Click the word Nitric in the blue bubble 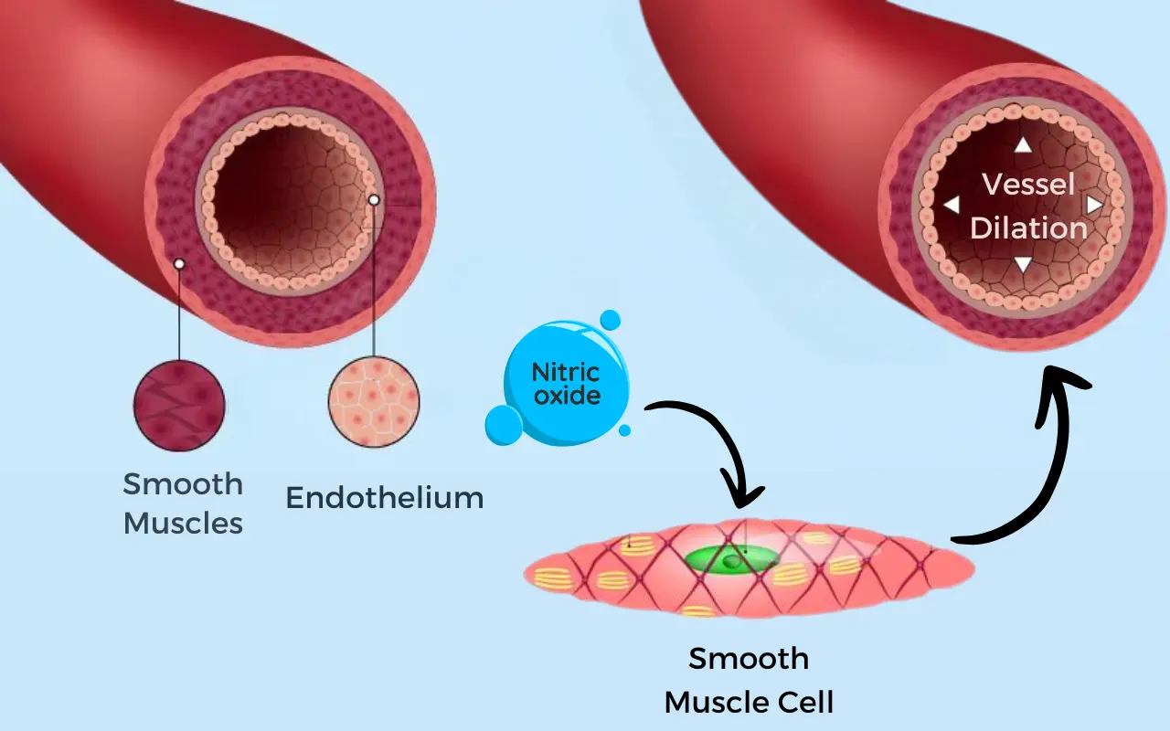coord(566,373)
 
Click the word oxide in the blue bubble coord(567,396)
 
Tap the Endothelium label coord(384,498)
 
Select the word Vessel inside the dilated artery coord(1028,184)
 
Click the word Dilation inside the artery coord(1028,228)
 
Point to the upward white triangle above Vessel coord(1023,144)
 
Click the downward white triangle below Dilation coord(1024,265)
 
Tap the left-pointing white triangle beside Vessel coord(952,205)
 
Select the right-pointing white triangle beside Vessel coord(1094,205)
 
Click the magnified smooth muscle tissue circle coord(179,405)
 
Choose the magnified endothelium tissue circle coord(374,402)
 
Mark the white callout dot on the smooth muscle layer coord(179,263)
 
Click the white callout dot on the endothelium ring coord(373,199)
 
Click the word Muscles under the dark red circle coord(183,523)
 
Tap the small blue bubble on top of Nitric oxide coord(610,320)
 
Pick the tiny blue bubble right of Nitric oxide coord(624,429)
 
